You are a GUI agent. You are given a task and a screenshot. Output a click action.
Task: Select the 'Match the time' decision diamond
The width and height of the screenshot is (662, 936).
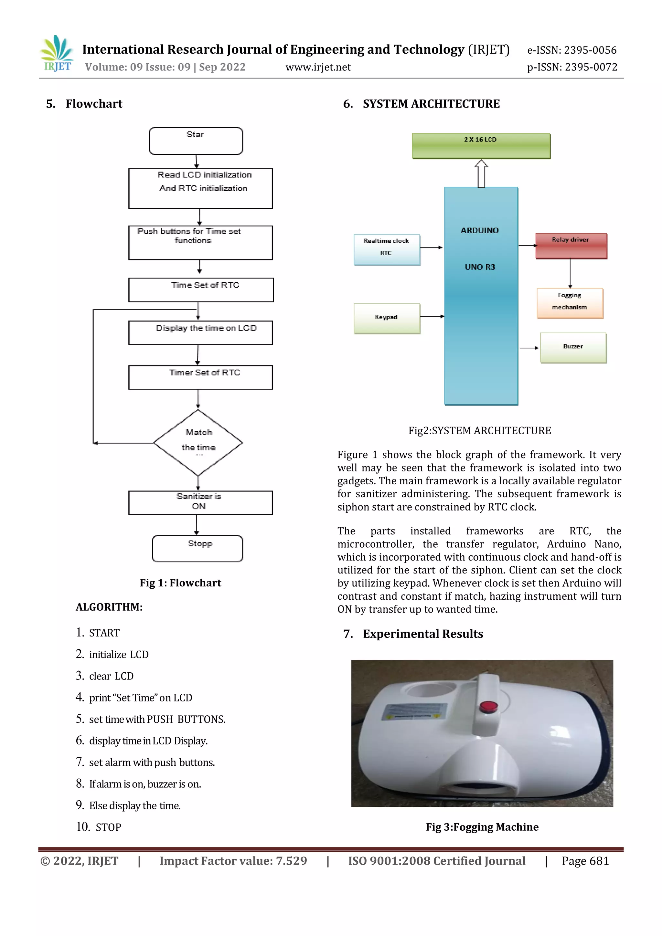click(198, 442)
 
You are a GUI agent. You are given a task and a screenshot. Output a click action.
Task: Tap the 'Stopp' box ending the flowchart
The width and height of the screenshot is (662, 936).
click(198, 548)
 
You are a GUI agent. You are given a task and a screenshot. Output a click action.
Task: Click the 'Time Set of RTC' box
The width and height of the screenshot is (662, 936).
click(201, 289)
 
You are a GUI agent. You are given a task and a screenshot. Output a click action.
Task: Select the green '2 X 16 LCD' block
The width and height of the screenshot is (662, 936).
click(481, 145)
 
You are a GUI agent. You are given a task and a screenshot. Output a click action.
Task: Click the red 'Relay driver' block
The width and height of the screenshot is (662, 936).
click(571, 246)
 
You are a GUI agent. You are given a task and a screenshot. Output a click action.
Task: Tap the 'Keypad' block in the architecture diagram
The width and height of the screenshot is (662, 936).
click(387, 318)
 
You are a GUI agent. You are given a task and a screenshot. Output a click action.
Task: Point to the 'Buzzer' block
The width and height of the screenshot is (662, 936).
click(573, 347)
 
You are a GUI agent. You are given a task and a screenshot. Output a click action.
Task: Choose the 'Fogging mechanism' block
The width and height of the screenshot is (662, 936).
click(570, 303)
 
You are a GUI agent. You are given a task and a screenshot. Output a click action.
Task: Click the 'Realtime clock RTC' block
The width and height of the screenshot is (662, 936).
click(387, 249)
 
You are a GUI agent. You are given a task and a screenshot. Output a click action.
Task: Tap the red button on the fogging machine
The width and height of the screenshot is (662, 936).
click(488, 706)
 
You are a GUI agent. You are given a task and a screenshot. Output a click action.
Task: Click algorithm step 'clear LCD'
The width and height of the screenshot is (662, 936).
click(111, 676)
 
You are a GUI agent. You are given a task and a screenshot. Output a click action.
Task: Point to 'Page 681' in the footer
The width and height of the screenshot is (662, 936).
click(585, 861)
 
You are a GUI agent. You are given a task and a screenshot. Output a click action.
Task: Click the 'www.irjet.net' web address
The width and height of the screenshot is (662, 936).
click(318, 67)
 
